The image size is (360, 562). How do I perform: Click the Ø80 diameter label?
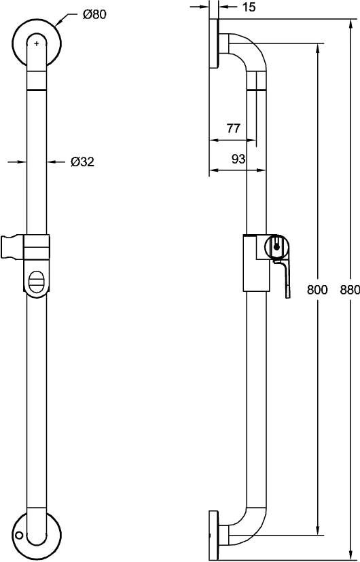tap(94, 15)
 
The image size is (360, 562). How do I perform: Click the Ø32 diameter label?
tap(82, 162)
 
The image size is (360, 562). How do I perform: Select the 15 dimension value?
tap(249, 7)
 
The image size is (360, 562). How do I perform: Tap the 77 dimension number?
tap(234, 128)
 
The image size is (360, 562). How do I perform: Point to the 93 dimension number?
tap(238, 159)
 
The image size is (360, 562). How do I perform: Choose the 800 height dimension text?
tap(317, 290)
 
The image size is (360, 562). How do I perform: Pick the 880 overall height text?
tap(350, 290)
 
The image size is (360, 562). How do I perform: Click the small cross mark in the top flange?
tap(37, 43)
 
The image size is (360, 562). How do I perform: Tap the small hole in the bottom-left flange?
tap(19, 536)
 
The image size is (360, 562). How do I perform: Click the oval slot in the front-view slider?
tap(36, 283)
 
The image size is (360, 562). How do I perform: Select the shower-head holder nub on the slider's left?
tap(14, 247)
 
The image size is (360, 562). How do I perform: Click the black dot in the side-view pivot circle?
tap(276, 246)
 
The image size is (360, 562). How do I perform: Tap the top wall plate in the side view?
tap(214, 43)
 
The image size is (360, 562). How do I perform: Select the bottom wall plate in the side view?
tap(214, 535)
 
